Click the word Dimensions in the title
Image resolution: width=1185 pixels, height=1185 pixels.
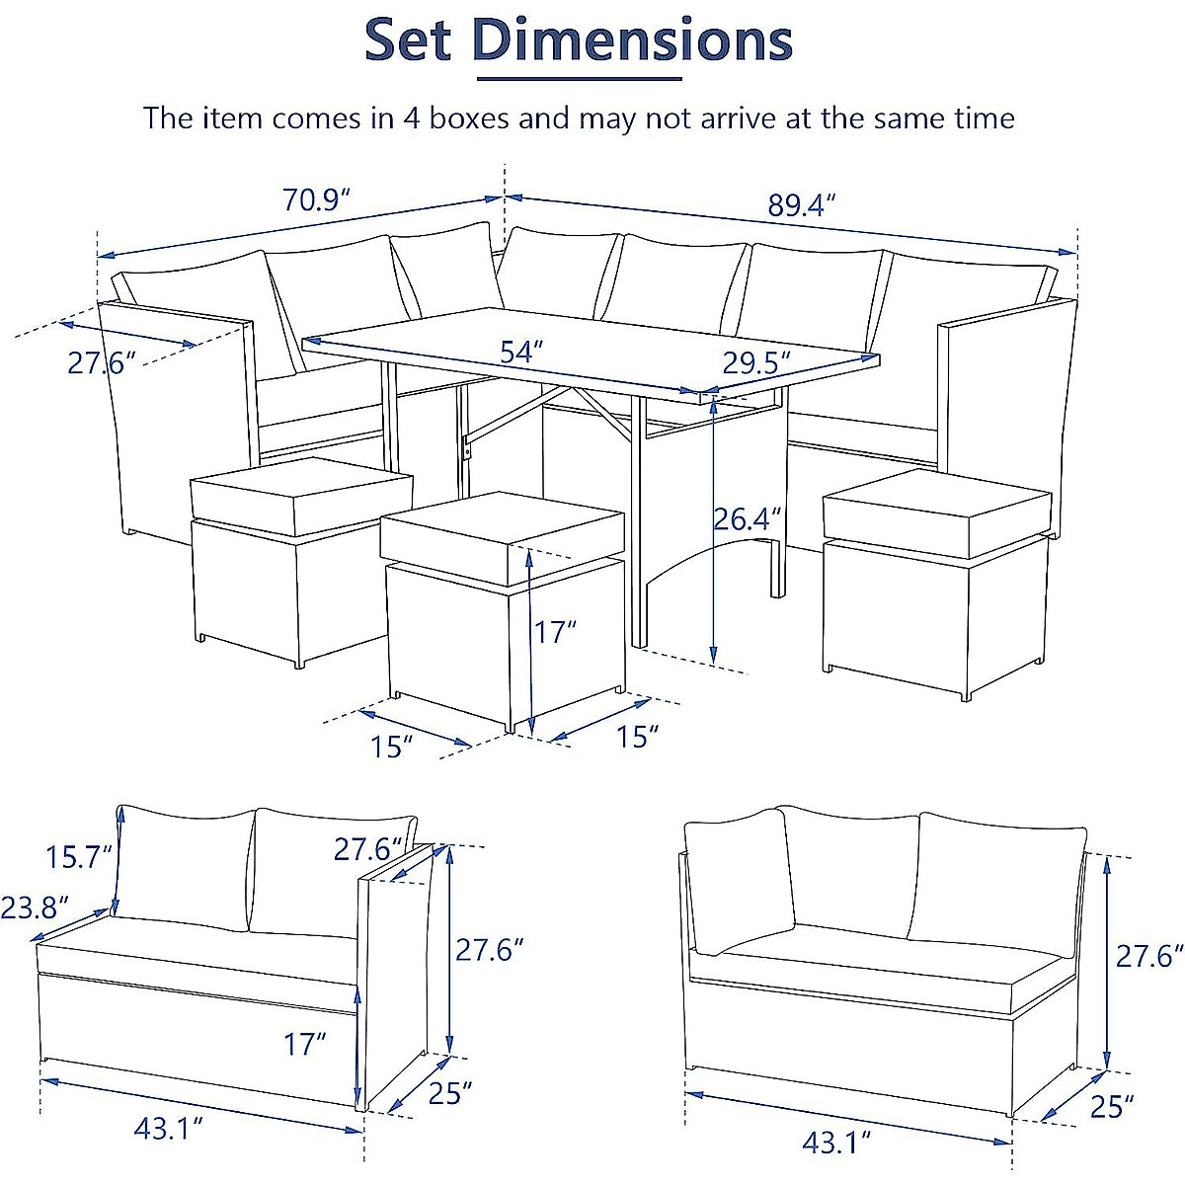pos(632,41)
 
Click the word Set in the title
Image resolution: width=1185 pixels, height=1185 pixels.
pos(408,41)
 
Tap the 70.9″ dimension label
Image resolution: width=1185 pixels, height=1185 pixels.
pos(317,200)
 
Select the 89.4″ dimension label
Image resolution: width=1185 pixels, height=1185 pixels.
pos(802,205)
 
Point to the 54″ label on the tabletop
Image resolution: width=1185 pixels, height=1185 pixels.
pos(521,352)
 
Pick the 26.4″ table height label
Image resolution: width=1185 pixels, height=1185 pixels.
pos(748,518)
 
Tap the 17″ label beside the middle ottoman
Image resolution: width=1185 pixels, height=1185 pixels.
pos(555,631)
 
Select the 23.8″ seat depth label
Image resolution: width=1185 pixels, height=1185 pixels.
pos(35,907)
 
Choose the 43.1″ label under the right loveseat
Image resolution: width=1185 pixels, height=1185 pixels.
pos(836,1144)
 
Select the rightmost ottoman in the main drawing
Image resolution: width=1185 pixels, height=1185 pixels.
pos(933,583)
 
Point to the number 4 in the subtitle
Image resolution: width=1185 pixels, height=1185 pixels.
pos(413,118)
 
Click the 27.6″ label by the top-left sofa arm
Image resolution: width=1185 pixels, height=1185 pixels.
pos(101,362)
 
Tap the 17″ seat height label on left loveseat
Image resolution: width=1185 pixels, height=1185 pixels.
pos(304,1043)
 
